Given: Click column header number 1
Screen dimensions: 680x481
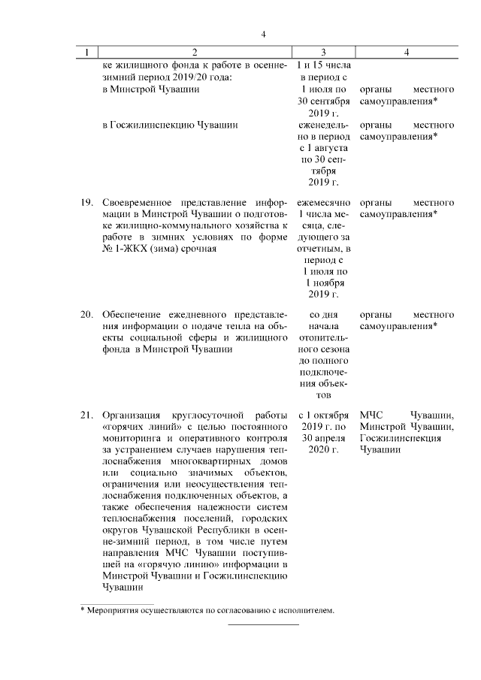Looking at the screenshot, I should (x=87, y=52).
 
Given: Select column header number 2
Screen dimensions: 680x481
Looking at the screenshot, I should (x=194, y=52).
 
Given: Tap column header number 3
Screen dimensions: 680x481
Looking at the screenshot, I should (x=323, y=52).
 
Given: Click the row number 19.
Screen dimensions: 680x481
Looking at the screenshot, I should (x=87, y=203).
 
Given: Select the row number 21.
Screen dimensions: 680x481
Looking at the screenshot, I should (x=87, y=415).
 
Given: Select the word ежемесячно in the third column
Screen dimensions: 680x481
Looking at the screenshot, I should (x=323, y=203).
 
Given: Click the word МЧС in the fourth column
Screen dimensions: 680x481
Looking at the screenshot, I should (x=371, y=415).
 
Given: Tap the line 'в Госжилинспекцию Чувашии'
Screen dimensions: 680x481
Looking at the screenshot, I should (x=170, y=125).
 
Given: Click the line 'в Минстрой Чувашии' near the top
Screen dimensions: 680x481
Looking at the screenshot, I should (x=150, y=89).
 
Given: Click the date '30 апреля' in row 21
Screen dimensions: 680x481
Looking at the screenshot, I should (x=324, y=437).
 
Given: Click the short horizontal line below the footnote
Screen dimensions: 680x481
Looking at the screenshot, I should (x=263, y=624).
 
